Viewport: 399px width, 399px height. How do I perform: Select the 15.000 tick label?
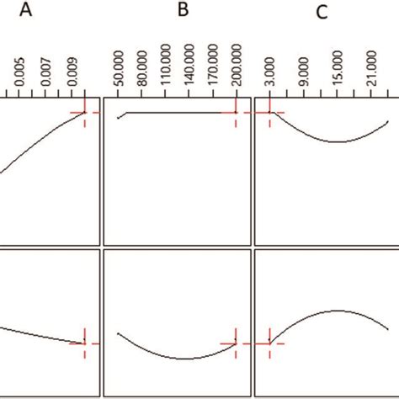pos(338,68)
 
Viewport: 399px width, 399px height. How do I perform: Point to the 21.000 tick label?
pos(372,68)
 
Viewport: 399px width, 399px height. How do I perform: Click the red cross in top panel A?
pos(85,112)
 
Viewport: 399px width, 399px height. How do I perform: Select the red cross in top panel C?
pos(269,112)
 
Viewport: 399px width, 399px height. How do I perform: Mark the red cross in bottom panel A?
pos(85,343)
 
